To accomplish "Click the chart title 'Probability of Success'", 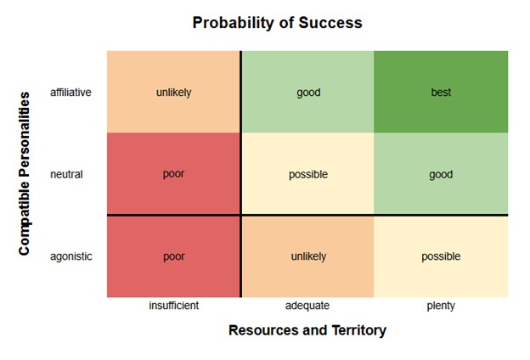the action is (x=277, y=23).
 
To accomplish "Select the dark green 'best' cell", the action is (x=441, y=92).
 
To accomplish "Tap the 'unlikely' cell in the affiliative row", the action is (x=173, y=92).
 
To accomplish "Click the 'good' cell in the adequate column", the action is (x=308, y=92).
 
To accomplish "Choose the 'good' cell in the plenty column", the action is (x=441, y=173).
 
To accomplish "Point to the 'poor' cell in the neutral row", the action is (x=173, y=173).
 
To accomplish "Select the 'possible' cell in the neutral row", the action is (x=308, y=173).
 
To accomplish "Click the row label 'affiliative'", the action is (x=70, y=93).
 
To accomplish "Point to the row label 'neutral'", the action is (x=66, y=174).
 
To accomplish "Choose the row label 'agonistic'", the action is (x=71, y=256).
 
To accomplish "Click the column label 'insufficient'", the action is (x=174, y=306).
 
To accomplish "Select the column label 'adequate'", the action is (x=307, y=306).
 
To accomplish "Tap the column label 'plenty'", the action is (x=441, y=306).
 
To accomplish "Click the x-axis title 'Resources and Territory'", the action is (x=307, y=330).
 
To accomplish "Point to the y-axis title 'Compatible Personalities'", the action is (x=25, y=173).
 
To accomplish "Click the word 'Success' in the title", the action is (x=330, y=23).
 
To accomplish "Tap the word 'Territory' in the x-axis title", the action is (x=359, y=330).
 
